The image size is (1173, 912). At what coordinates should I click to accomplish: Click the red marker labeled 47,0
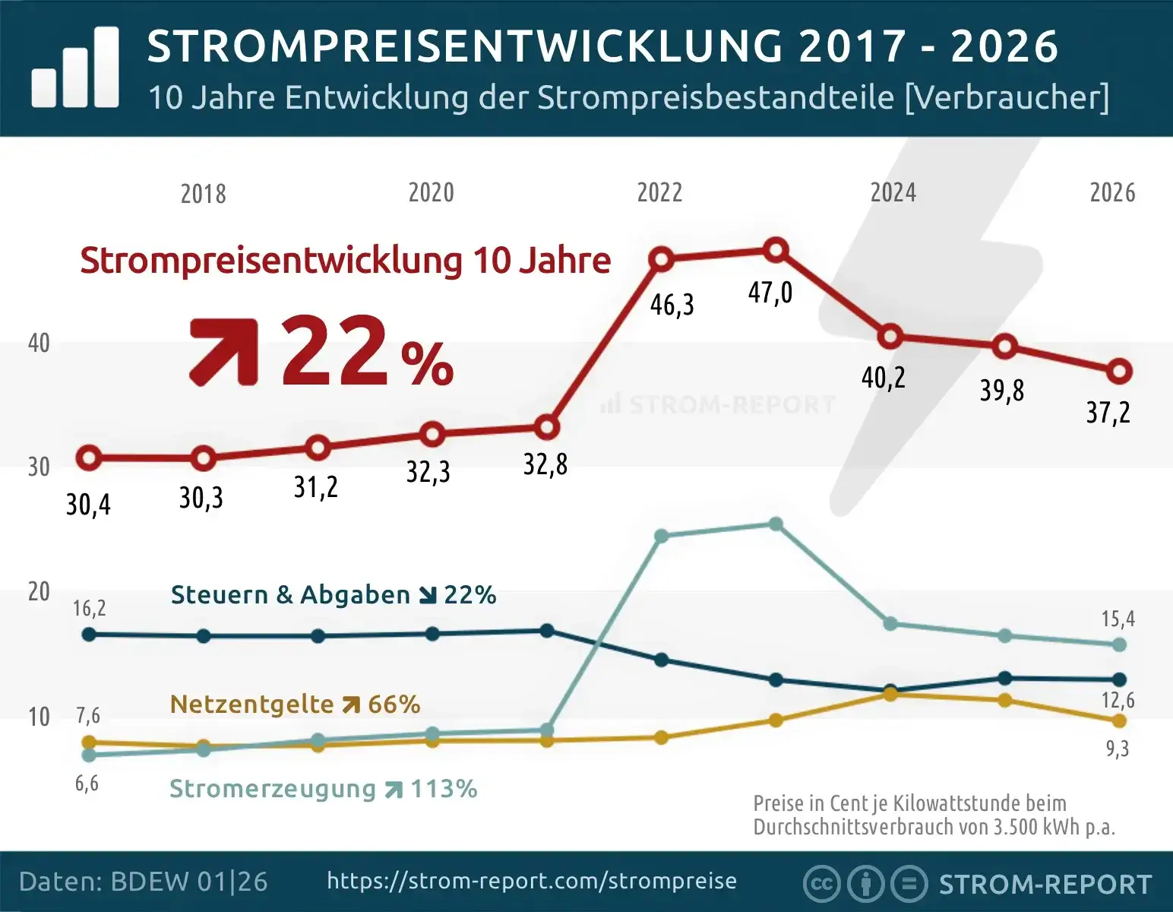click(775, 249)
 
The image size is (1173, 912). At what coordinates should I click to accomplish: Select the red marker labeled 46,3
click(661, 259)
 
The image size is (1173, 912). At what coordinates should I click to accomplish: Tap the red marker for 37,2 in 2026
click(1118, 372)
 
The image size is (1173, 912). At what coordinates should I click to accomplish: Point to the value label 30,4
click(88, 505)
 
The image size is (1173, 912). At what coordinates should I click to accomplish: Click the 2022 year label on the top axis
click(659, 192)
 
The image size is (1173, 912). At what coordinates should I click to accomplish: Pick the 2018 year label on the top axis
click(203, 194)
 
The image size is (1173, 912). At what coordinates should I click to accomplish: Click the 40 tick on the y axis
click(39, 343)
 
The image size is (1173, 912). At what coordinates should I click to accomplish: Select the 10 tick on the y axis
click(39, 717)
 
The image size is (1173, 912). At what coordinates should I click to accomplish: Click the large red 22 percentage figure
click(334, 351)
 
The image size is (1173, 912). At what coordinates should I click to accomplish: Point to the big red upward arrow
click(223, 351)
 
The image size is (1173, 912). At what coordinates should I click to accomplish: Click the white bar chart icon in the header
click(75, 68)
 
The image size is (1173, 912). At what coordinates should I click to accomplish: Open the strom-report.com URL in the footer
click(532, 881)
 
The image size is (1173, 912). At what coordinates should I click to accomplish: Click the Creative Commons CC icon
click(821, 884)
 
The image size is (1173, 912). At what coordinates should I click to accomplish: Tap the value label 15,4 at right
click(1118, 619)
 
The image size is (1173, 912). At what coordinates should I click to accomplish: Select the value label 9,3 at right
click(1117, 749)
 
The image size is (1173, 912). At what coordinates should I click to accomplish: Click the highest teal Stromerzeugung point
click(776, 524)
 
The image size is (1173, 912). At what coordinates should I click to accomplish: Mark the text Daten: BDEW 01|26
click(144, 882)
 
